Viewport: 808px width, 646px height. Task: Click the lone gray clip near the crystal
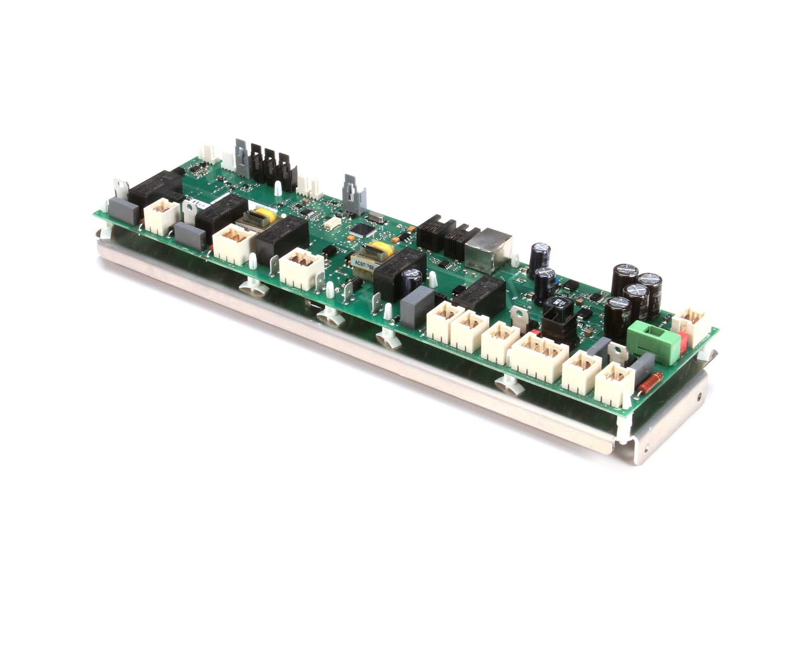tap(353, 195)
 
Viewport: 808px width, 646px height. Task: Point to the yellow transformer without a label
tap(259, 218)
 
